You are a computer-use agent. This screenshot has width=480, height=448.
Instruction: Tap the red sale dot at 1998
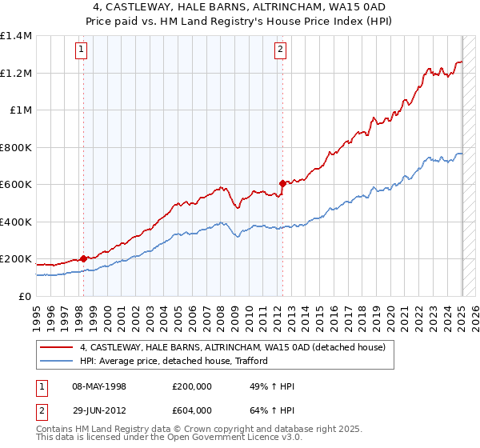point(83,259)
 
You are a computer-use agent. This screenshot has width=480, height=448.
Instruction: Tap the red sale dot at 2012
point(282,184)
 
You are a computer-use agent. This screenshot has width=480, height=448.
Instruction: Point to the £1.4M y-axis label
point(16,36)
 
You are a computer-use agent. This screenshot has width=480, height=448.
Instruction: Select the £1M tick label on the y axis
point(21,110)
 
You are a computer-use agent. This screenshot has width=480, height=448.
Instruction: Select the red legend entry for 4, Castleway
point(232,347)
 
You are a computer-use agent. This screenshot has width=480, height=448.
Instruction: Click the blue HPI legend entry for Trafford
point(173,361)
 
